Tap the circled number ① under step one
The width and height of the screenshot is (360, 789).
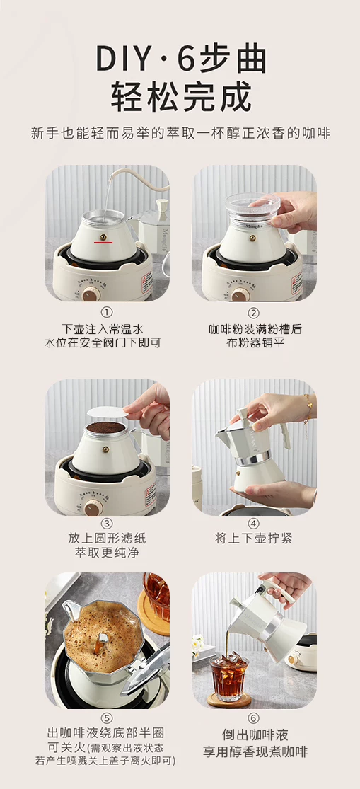tap(107, 313)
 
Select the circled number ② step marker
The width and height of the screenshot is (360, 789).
tap(254, 313)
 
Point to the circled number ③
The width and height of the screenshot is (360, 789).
tap(107, 522)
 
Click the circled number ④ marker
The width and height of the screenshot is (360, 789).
tap(254, 522)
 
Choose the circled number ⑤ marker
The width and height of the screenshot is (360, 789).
tap(107, 718)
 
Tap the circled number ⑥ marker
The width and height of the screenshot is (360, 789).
tap(254, 718)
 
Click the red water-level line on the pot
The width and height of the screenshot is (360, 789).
tap(103, 242)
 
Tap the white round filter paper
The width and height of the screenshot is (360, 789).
tap(107, 412)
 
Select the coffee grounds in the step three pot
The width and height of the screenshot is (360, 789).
tap(105, 427)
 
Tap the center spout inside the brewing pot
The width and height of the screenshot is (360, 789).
tap(103, 640)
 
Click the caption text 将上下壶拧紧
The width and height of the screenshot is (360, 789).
tap(253, 539)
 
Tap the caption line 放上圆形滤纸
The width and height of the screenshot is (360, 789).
tap(107, 539)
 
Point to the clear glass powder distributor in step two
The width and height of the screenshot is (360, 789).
tap(252, 207)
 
